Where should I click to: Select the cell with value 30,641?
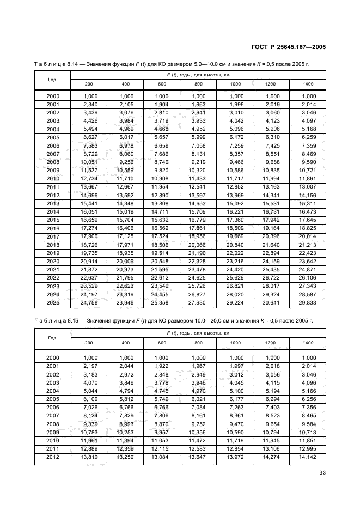[x=271, y=302]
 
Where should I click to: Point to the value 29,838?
[x=307, y=302]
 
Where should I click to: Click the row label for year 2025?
[x=53, y=302]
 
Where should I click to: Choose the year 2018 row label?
[x=53, y=246]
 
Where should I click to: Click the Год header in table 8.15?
[x=52, y=338]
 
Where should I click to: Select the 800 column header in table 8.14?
[x=198, y=84]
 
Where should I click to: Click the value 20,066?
[x=198, y=246]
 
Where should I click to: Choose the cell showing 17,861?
[x=198, y=228]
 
